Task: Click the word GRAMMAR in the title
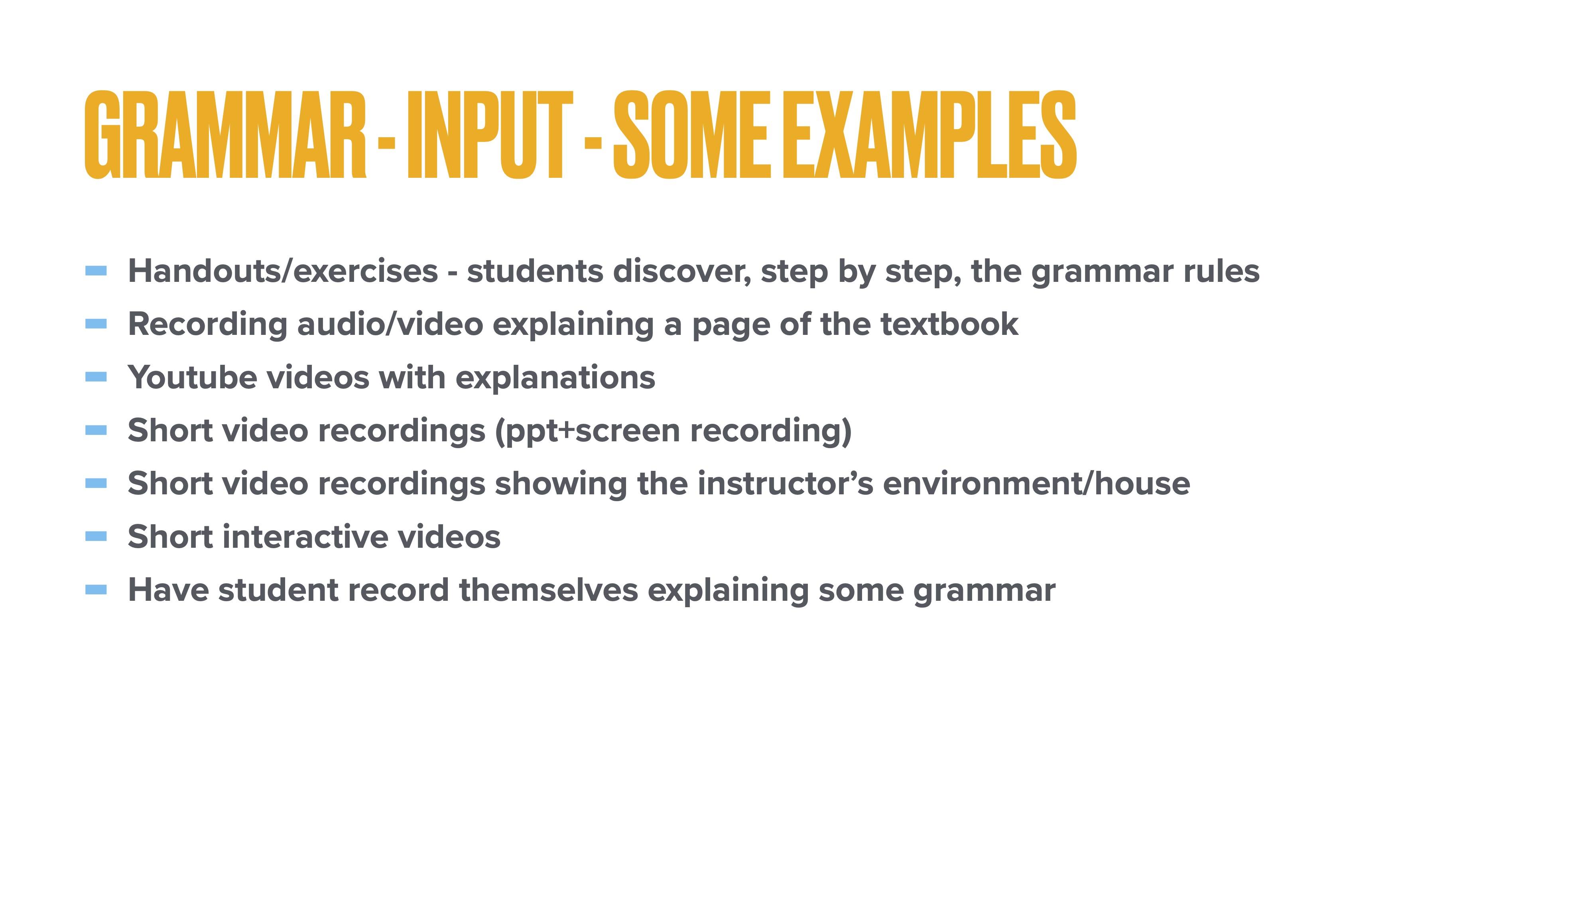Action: tap(225, 135)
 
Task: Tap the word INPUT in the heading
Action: tap(490, 135)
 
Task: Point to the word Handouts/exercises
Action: tap(283, 271)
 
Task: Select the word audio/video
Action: tap(390, 325)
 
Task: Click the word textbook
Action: tap(949, 325)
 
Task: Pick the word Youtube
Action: tap(192, 378)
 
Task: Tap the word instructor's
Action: tap(785, 484)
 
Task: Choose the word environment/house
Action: tap(1036, 484)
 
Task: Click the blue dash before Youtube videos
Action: tap(96, 377)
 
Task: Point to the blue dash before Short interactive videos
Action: tap(96, 536)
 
